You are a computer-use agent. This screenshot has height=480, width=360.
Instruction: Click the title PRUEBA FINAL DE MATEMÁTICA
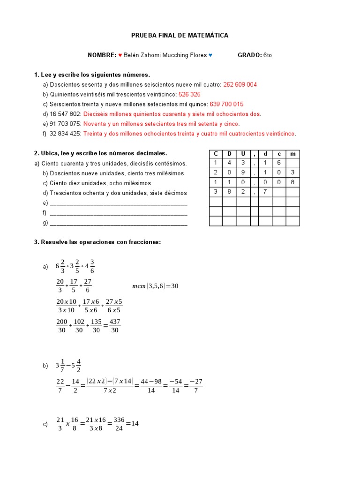(180, 35)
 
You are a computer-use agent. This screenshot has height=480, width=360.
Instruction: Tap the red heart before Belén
(120, 55)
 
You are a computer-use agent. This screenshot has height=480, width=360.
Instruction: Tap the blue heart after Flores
(210, 55)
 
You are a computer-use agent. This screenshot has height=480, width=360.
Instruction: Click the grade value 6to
(268, 55)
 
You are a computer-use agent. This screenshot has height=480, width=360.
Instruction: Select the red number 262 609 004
(240, 85)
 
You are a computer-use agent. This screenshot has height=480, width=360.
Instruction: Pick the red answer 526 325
(189, 94)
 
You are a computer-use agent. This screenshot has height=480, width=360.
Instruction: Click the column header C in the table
(216, 154)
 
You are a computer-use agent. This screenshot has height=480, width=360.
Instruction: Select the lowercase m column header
(293, 154)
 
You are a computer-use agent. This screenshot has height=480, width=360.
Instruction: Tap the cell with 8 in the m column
(293, 182)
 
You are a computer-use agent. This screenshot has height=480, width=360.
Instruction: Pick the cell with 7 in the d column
(265, 192)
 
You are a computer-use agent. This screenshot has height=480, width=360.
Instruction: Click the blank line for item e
(118, 203)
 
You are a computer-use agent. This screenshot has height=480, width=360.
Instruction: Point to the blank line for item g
(118, 223)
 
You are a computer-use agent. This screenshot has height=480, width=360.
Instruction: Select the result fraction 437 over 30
(115, 326)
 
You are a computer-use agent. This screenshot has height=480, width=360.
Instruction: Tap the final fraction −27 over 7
(195, 386)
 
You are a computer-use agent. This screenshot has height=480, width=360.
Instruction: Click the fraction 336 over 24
(119, 424)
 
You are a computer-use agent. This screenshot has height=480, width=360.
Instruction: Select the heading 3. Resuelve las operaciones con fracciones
(97, 242)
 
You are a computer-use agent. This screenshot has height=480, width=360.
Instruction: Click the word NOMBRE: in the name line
(102, 55)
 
